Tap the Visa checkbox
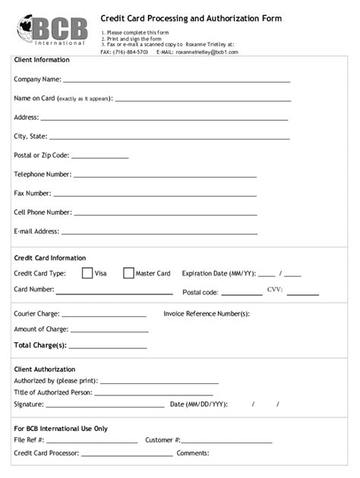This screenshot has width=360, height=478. pos(87,273)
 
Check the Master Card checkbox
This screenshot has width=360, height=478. pos(128,273)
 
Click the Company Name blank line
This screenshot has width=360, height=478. pos(176,80)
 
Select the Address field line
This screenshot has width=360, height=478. pos(164,119)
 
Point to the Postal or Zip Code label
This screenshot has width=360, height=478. pos(41,156)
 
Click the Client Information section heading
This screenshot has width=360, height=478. pos(42,60)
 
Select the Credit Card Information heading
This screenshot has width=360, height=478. pos(50,258)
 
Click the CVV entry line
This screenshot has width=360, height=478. pos(302,294)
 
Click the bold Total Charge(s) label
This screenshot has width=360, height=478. pos(40,345)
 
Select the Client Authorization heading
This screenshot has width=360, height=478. pos(45,370)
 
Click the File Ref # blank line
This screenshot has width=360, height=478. pos(92,442)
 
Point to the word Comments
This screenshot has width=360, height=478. pos(193,454)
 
